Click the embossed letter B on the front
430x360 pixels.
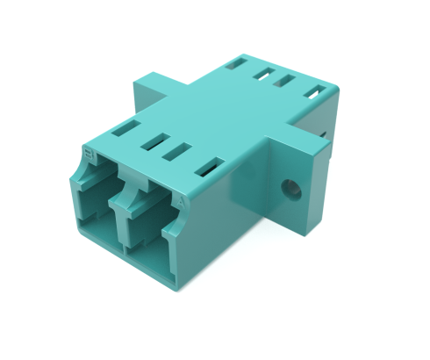point(88,151)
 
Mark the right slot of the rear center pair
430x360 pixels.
point(283,83)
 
